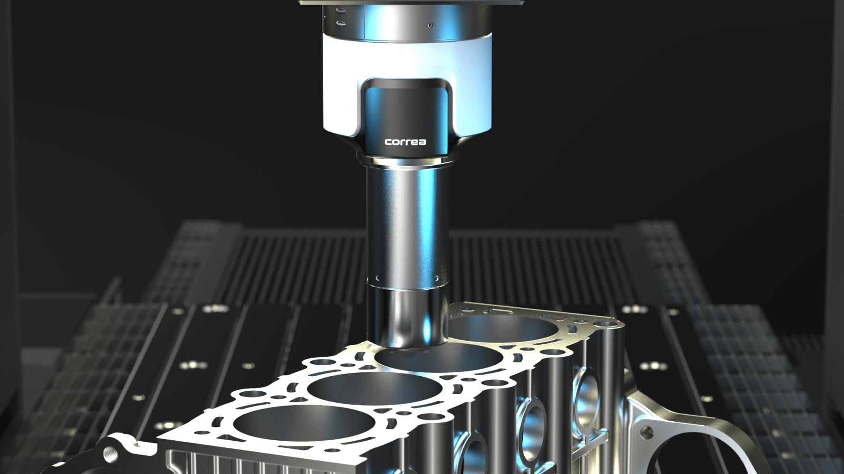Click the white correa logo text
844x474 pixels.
405,142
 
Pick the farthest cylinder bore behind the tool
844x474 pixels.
504,331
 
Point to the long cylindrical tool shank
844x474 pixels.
407,223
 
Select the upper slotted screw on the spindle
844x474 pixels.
340,10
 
